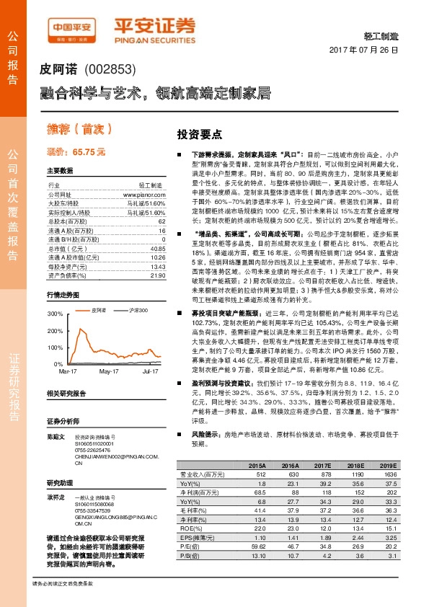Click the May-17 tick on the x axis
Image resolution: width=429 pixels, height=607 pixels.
pyautogui.click(x=109, y=371)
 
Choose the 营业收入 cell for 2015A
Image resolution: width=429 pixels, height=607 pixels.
pyautogui.click(x=257, y=475)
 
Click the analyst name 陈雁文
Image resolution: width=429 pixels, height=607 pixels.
pyautogui.click(x=56, y=437)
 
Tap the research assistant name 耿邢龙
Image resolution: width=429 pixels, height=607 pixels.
pyautogui.click(x=56, y=497)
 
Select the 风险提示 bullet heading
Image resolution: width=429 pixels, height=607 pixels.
pyautogui.click(x=205, y=435)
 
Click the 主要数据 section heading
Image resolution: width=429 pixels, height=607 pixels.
pyautogui.click(x=60, y=171)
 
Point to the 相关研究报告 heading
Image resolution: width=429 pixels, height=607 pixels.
pyautogui.click(x=66, y=394)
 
